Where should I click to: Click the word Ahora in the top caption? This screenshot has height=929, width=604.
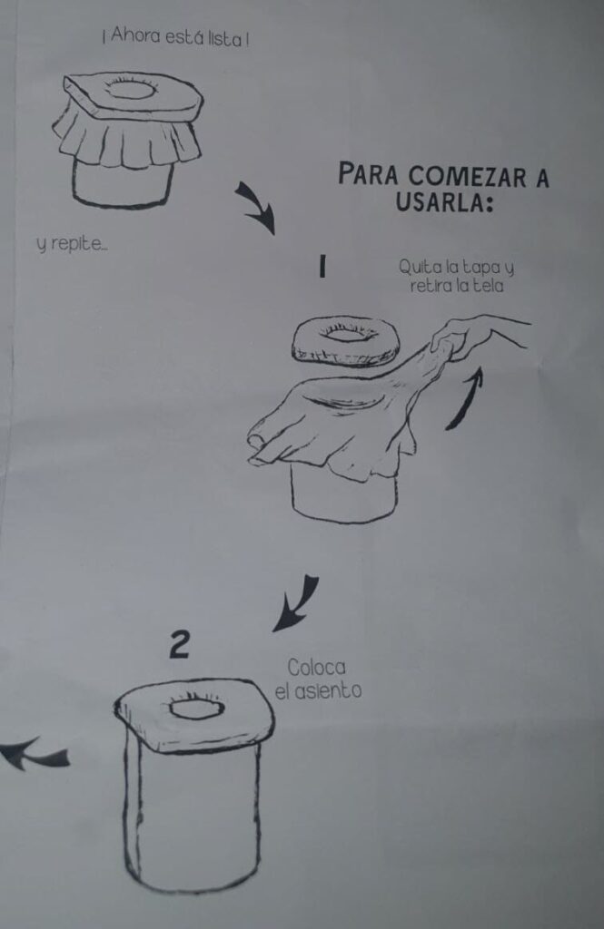(135, 36)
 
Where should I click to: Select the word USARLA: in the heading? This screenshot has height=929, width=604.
(444, 202)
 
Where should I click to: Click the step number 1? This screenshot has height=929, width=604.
(322, 266)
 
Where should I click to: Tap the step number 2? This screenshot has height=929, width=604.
(179, 645)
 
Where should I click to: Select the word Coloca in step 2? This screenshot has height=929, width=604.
(316, 668)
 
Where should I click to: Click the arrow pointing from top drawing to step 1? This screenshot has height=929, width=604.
(257, 207)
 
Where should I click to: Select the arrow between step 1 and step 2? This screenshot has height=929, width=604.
(298, 602)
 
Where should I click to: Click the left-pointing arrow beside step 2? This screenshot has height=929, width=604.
(34, 754)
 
